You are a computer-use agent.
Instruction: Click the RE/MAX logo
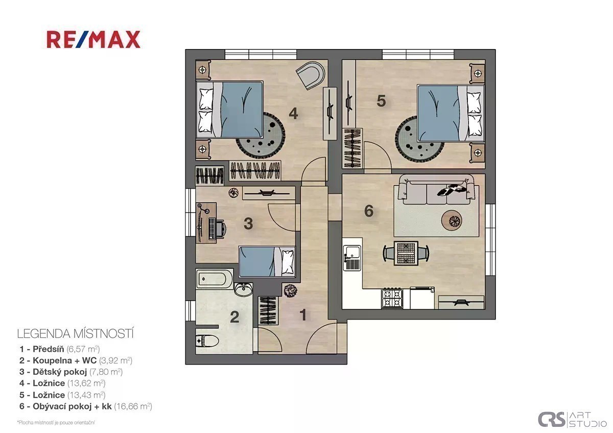click(93, 39)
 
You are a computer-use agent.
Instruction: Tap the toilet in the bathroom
click(207, 341)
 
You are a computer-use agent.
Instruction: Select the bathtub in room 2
click(215, 279)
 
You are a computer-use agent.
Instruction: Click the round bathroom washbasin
click(244, 290)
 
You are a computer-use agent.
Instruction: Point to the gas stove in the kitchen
click(392, 298)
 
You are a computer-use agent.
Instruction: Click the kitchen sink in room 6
click(352, 257)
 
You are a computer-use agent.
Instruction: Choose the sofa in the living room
click(436, 190)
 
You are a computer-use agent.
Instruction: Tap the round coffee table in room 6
click(452, 220)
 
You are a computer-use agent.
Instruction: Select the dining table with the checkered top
click(406, 253)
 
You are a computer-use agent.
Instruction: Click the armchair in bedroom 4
click(311, 75)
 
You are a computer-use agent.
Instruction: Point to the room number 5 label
click(381, 101)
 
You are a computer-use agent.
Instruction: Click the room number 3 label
click(248, 223)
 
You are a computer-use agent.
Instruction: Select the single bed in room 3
click(267, 262)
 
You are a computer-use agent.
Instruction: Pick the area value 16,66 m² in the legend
click(133, 406)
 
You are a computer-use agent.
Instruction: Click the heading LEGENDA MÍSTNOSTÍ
click(75, 334)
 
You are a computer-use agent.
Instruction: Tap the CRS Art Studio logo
click(572, 419)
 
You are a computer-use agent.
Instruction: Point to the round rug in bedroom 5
click(419, 139)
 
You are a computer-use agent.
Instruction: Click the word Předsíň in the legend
click(48, 349)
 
